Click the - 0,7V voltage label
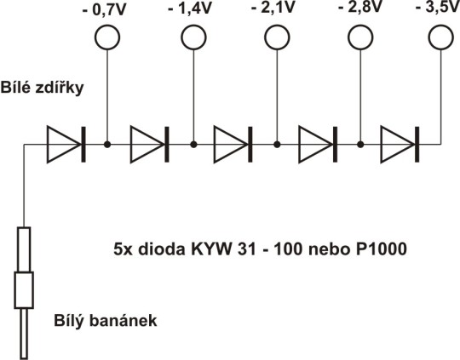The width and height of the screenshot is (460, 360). [105, 10]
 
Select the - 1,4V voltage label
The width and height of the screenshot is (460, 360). [190, 8]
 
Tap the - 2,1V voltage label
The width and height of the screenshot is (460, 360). [273, 8]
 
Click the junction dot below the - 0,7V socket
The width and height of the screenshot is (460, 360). [107, 144]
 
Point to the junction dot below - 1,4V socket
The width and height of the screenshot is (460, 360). [193, 144]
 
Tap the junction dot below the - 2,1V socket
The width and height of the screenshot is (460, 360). [277, 144]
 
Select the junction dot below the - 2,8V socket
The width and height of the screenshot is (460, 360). [360, 144]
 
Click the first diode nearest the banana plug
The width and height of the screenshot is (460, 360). [66, 144]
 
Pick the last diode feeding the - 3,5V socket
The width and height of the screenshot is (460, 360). [400, 144]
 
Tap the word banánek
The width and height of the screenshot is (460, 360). [123, 320]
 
